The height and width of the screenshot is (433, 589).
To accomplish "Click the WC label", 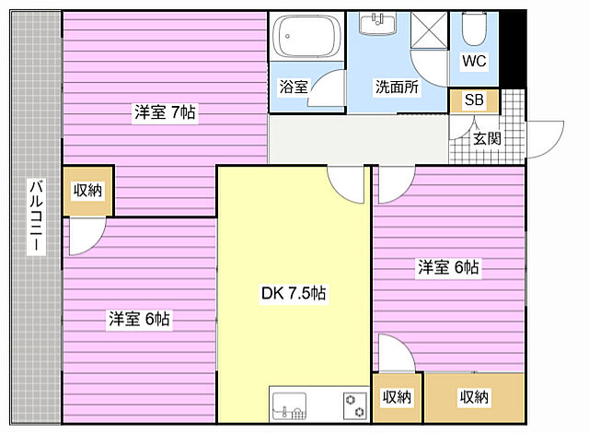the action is pos(474,61).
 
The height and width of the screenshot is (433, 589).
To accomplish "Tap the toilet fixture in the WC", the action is pos(474,29).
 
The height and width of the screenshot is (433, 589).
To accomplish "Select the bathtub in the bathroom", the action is pos(306,36).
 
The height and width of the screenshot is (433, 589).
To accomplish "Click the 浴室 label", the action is pos(294,87).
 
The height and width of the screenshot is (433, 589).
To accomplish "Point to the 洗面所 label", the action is pos(397,87).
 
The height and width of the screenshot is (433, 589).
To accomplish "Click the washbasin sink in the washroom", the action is pos(377,23).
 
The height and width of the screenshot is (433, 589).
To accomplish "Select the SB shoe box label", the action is pos(474,99).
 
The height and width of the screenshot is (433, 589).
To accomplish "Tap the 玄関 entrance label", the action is pos(487,139).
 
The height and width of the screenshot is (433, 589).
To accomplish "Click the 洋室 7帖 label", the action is pos(166,112).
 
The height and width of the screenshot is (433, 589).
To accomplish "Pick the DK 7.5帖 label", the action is pos(294,293).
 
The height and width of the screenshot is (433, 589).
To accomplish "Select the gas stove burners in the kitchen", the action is pos(355,406).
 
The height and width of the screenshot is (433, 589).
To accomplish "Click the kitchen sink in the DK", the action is pos(289,406).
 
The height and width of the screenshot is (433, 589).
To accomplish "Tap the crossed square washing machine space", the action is pos(429,30).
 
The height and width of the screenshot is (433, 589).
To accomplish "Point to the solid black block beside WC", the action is pos(513,49).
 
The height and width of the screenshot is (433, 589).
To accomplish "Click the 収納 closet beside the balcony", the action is pos(88,191).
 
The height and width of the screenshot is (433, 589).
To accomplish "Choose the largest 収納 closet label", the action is pos(474,397).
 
